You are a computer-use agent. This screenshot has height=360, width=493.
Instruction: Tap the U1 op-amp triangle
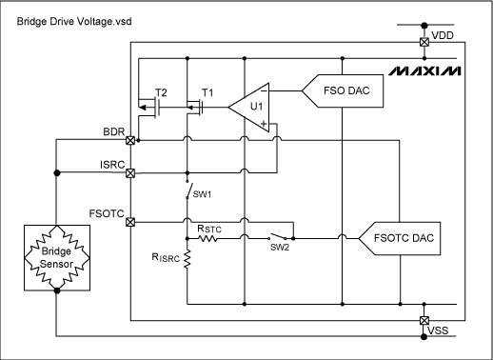pos(252,107)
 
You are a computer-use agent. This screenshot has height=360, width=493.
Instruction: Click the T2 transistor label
pos(161,94)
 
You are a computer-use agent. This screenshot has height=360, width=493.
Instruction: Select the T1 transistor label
pos(207,94)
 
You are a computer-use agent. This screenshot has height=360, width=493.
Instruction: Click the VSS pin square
pos(424,321)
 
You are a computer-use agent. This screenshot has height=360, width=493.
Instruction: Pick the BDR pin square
pos(131,140)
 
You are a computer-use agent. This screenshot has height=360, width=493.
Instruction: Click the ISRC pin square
pos(131,173)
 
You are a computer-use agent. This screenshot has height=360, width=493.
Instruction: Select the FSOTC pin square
pos(131,222)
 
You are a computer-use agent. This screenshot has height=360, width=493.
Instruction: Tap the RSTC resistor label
pos(209,228)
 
